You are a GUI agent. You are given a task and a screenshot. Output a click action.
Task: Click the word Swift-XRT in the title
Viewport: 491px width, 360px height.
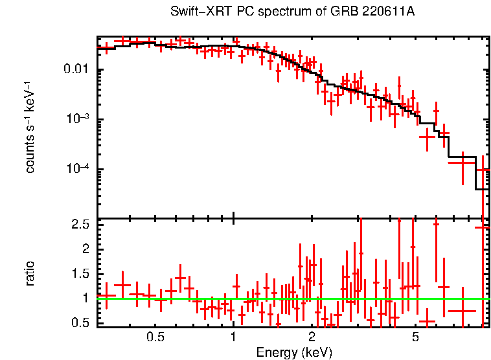tap(198, 12)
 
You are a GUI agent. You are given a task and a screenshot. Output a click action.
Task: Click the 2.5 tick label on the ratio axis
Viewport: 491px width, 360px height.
tap(81, 224)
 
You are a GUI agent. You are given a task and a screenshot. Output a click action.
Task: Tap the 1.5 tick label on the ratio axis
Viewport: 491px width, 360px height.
tap(81, 274)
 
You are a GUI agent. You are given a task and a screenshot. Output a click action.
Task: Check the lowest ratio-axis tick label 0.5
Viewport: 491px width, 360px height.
tap(81, 323)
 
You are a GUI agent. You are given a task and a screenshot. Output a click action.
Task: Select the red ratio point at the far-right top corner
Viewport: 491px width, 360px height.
tap(483, 227)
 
